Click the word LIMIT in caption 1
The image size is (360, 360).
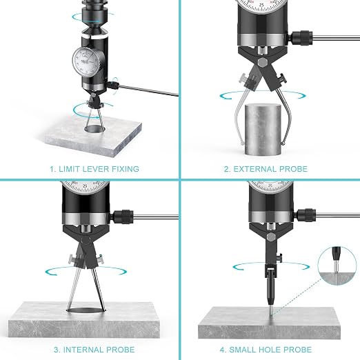coord(68,169)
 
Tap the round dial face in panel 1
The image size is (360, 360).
coord(86,62)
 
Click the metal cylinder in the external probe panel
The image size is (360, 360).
coord(263,130)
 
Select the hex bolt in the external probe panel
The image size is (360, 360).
coord(263,62)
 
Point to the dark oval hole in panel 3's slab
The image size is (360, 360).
coord(86,310)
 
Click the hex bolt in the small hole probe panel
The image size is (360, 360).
coord(271,237)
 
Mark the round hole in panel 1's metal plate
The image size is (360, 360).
coord(95,129)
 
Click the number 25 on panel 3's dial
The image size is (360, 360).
coord(85,186)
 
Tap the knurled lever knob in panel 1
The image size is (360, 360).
coord(113,85)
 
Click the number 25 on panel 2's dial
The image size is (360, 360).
coord(261,5)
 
